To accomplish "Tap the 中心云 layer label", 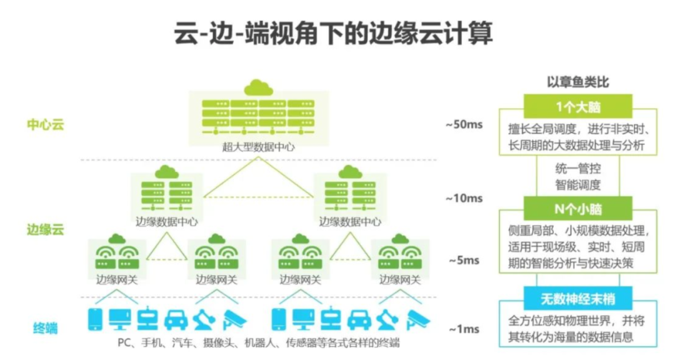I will click(x=46, y=124).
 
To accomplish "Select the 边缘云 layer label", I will click(x=46, y=229).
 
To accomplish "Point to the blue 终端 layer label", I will click(x=46, y=327).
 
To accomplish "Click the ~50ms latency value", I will click(x=464, y=124).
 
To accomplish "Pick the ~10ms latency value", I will click(x=464, y=199).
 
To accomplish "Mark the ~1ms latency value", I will click(x=464, y=329).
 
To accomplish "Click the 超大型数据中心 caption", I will click(x=258, y=148).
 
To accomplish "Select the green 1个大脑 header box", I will click(x=577, y=106).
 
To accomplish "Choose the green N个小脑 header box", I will click(x=577, y=208).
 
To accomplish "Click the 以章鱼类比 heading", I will click(x=577, y=82).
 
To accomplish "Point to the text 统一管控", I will click(x=577, y=168).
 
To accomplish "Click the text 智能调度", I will click(x=577, y=184).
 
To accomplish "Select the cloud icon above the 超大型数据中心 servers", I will click(x=258, y=87).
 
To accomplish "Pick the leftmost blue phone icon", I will click(x=95, y=319).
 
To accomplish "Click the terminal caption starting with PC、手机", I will click(x=258, y=343).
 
